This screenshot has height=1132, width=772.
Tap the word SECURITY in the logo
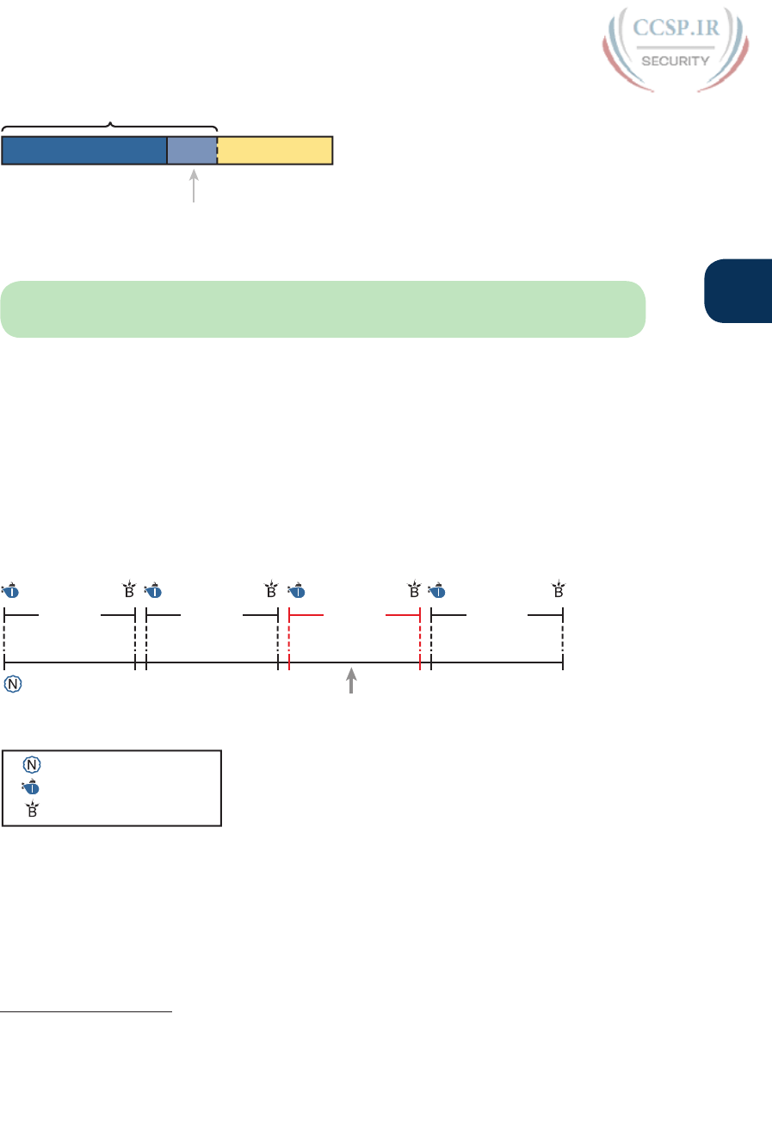676,60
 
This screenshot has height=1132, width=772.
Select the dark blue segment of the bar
84,150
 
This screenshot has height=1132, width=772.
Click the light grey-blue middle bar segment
192,150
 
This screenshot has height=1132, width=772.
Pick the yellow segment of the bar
275,150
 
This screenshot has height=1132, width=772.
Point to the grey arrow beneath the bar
195,186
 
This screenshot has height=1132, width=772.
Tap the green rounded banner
323,308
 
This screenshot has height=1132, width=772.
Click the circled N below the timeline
13,686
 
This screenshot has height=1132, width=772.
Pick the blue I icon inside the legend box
31,787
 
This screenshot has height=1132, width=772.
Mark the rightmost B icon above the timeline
559,592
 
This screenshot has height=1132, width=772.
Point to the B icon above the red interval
414,592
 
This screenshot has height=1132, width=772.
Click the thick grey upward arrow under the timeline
350,680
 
